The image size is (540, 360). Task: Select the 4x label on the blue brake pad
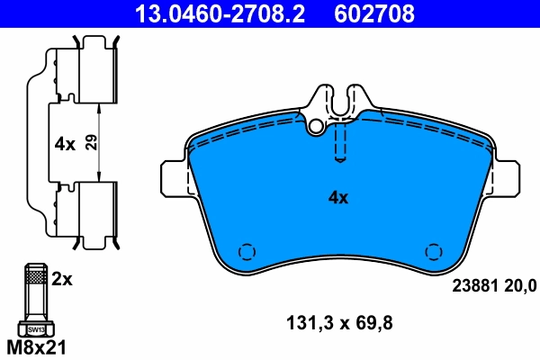pos(337,197)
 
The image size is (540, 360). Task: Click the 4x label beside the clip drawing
pos(64,142)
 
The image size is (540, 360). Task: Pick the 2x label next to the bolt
pos(61,280)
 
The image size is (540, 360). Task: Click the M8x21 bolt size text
pos(37,346)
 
